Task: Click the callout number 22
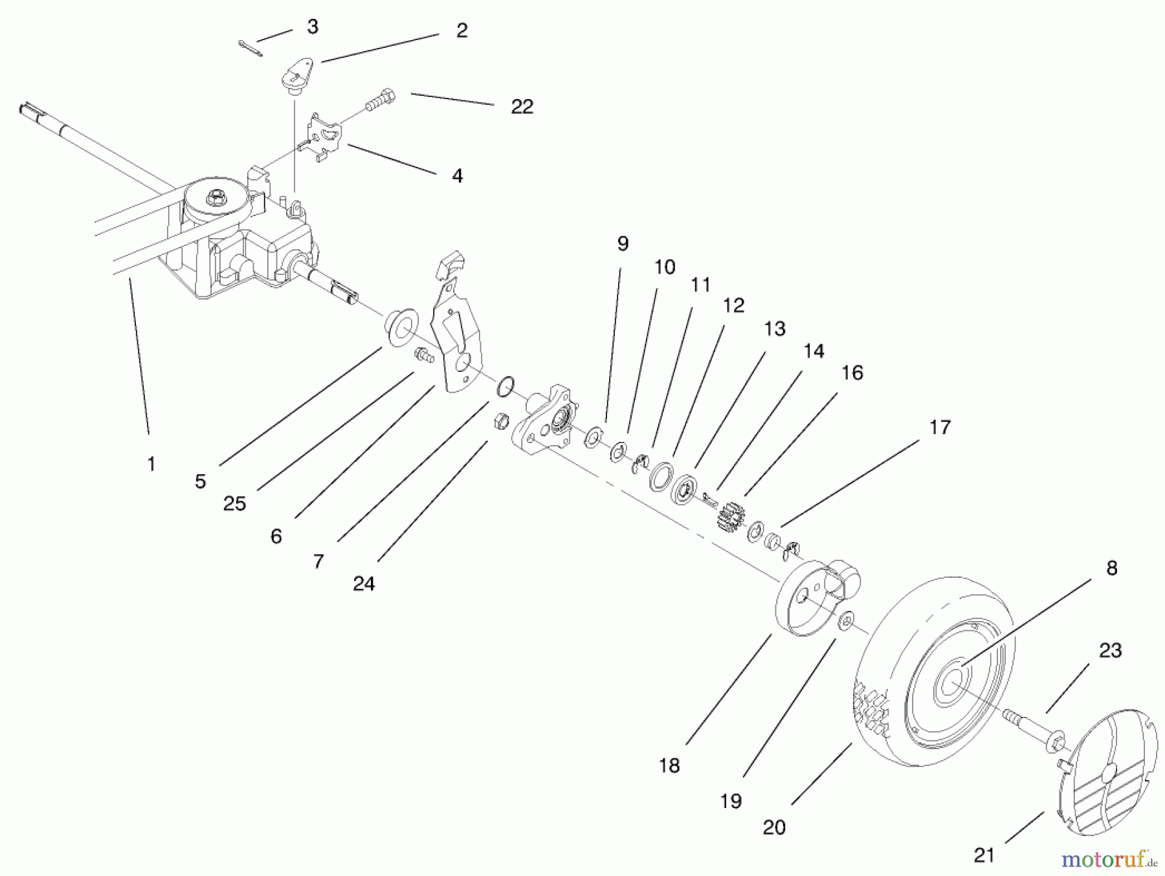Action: [522, 107]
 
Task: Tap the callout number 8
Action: [1111, 568]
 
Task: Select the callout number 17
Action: [940, 427]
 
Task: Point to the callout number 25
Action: [234, 503]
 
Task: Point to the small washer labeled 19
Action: [845, 621]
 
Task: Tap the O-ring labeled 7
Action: [505, 386]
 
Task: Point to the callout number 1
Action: [151, 463]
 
